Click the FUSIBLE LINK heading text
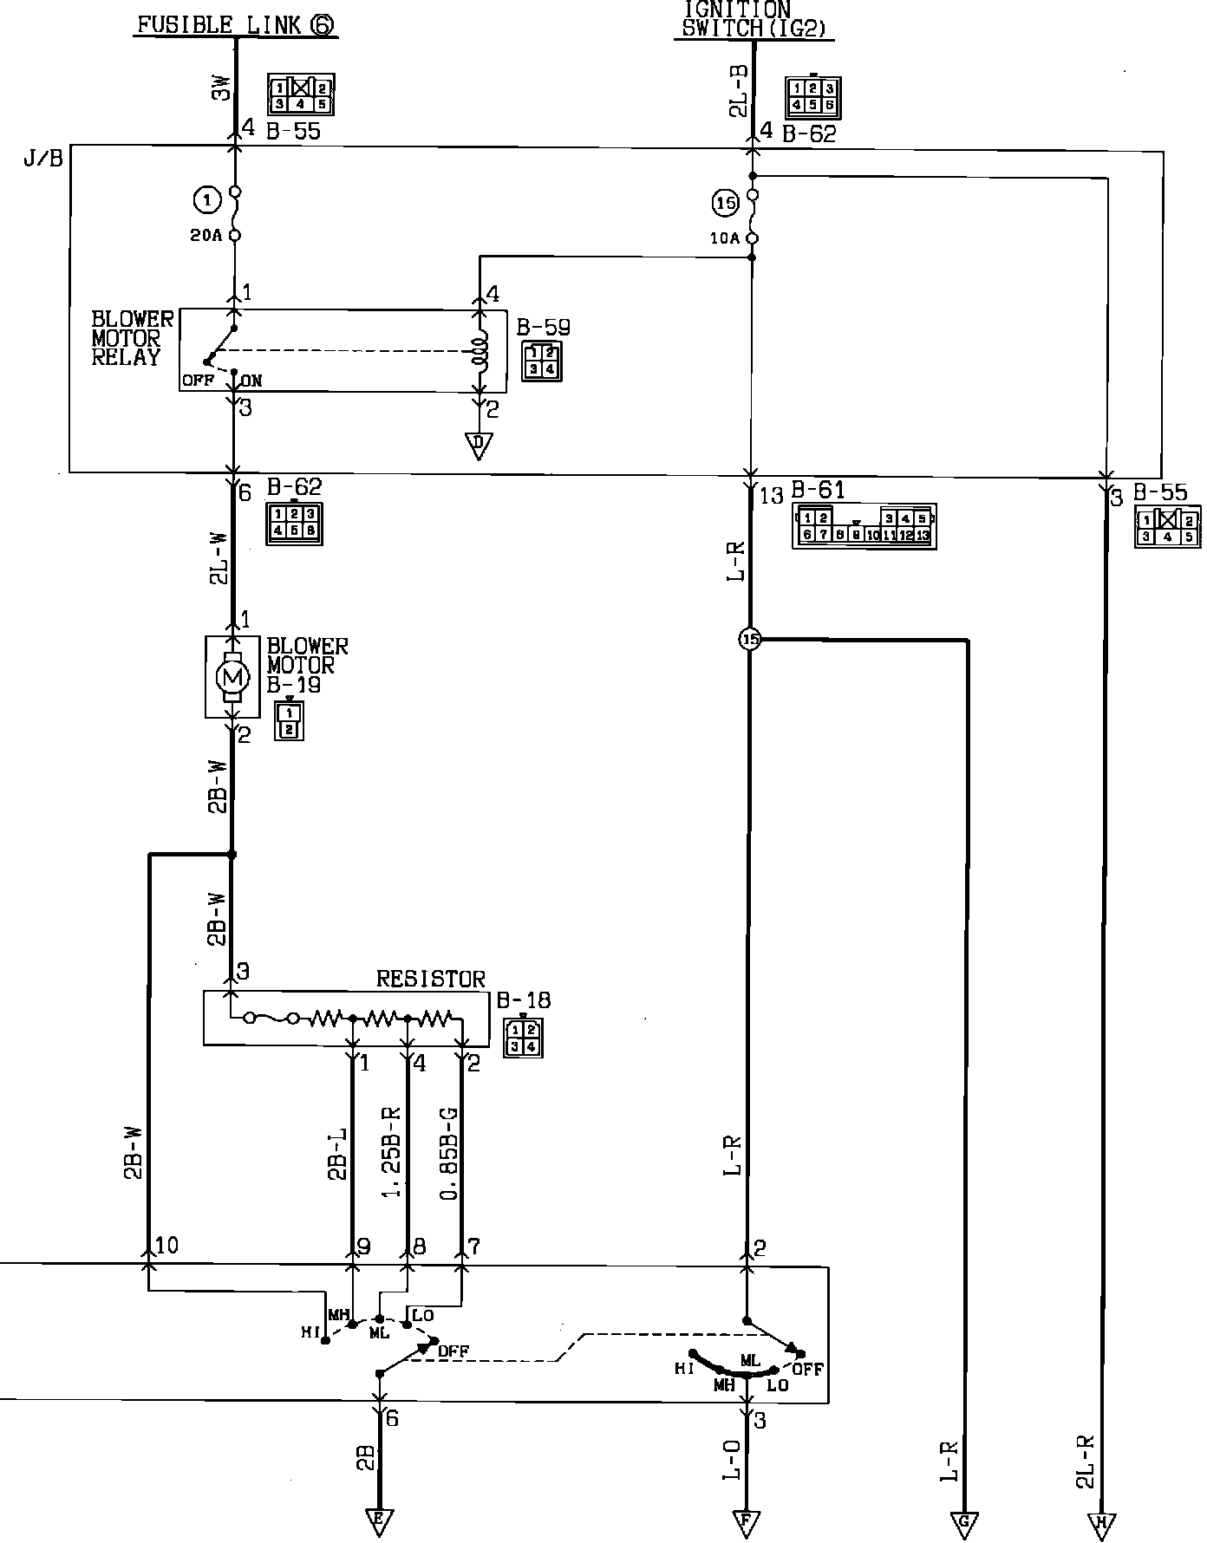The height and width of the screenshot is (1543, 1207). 234,24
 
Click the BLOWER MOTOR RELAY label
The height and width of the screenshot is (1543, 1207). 132,338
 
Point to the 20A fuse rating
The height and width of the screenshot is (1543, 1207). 206,235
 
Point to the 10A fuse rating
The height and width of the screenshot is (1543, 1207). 725,238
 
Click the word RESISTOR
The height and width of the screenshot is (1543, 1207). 430,980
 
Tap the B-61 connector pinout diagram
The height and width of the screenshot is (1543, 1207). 864,526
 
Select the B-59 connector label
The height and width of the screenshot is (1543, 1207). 543,328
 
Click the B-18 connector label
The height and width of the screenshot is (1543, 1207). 524,1000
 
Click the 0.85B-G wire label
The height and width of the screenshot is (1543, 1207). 449,1153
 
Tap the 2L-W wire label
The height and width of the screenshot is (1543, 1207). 218,559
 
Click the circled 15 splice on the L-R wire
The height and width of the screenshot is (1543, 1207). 750,640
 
